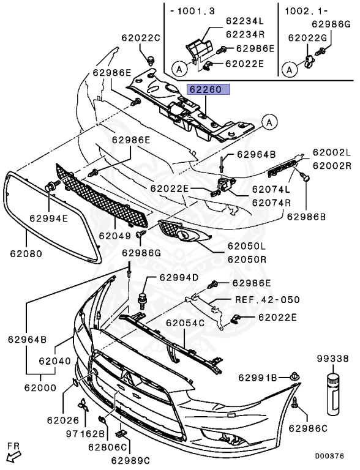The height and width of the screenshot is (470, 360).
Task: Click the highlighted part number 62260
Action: point(208,89)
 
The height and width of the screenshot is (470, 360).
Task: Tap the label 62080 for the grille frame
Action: point(26,253)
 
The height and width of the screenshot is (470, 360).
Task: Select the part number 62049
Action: point(115,236)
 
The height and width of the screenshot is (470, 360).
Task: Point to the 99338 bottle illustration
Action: point(333,395)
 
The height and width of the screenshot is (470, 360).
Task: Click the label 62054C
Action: point(185,323)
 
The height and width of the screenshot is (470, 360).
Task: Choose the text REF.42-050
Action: point(268,299)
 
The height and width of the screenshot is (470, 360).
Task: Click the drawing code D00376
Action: point(329,456)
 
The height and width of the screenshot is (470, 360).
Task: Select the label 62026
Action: point(63,420)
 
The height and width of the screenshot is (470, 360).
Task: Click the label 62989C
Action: point(130,460)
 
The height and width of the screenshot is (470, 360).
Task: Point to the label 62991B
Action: point(258,378)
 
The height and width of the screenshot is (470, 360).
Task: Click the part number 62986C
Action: point(308,428)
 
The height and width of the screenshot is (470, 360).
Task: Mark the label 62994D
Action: point(179,277)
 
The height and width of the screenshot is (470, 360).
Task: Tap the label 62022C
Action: point(141,38)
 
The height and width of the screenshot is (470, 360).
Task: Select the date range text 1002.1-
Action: point(306,11)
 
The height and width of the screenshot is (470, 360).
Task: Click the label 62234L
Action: point(245,21)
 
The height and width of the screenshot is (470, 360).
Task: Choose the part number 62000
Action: point(40,387)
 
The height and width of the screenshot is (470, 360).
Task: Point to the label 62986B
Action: point(306,217)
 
